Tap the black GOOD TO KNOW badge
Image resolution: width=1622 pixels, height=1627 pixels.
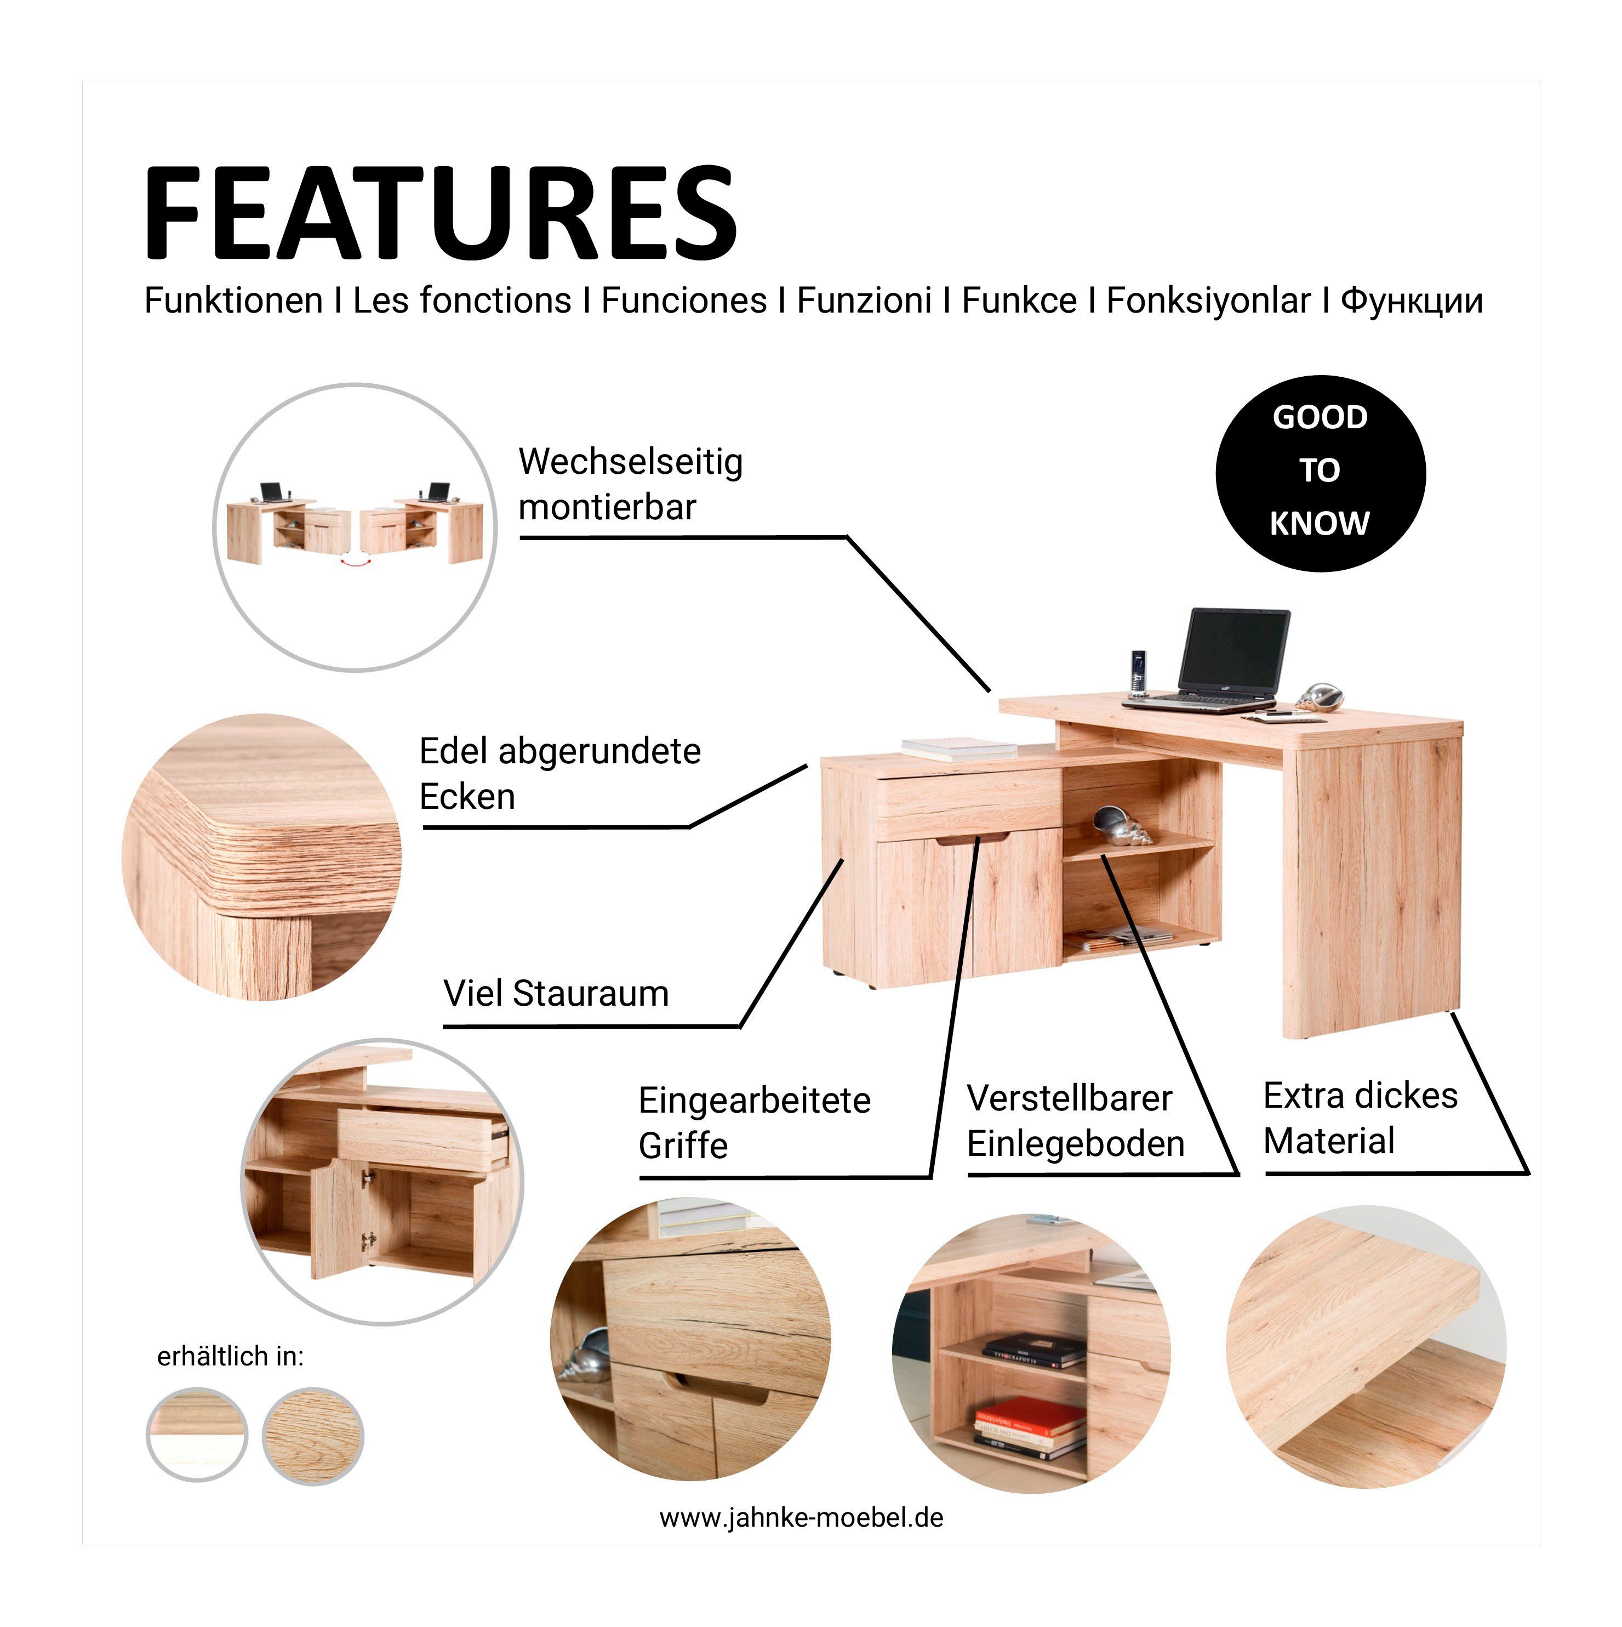1321,473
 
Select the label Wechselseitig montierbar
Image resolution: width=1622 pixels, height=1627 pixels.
631,484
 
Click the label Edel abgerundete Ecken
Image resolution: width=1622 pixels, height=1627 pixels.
559,773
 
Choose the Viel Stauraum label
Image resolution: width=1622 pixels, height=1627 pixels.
556,994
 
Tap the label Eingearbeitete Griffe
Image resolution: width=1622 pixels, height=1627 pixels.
754,1123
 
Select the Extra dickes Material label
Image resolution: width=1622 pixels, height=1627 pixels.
1360,1118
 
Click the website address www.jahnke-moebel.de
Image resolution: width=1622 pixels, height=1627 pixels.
801,1517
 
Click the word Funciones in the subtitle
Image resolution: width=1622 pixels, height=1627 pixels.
683,301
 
